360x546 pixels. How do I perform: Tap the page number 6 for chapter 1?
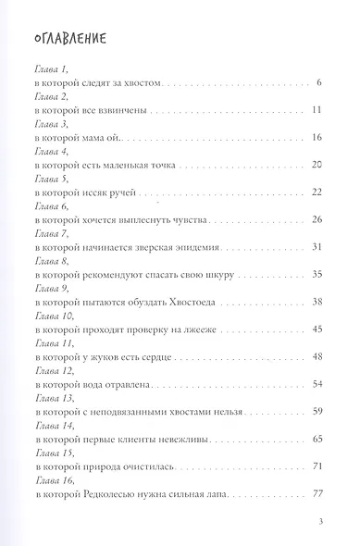point(317,84)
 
